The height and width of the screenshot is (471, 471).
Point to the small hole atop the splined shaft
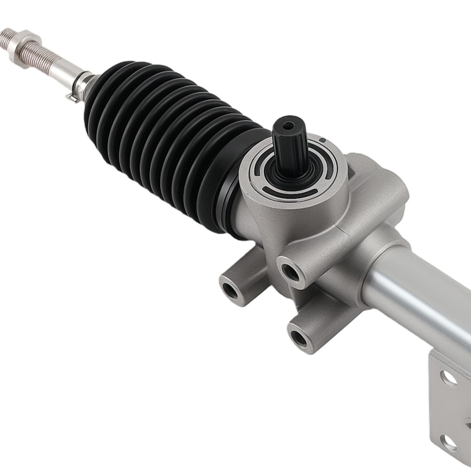point(288,125)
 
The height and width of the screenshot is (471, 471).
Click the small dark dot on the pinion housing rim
point(322,140)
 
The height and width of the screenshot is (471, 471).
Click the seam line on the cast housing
point(325,231)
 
